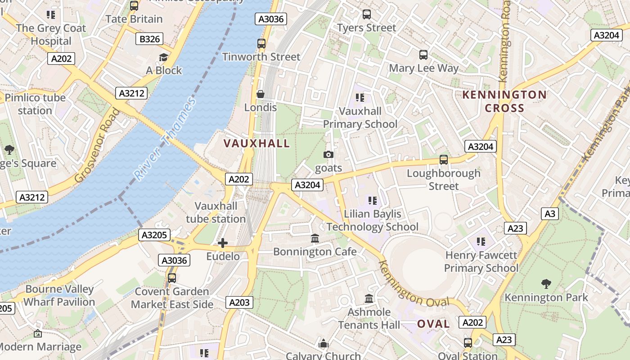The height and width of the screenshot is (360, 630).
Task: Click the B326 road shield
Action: pyautogui.click(x=150, y=39)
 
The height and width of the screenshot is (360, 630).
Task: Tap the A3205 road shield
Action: pyautogui.click(x=154, y=235)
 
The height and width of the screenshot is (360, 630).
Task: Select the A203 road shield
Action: pyautogui.click(x=239, y=302)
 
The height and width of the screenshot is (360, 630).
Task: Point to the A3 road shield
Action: pyautogui.click(x=550, y=214)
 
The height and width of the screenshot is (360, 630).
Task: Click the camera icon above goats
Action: pyautogui.click(x=328, y=155)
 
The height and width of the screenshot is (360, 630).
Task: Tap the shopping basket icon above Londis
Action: pyautogui.click(x=260, y=94)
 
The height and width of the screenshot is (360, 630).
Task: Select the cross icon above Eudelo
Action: pyautogui.click(x=223, y=243)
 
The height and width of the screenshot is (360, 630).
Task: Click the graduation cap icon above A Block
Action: pyautogui.click(x=163, y=57)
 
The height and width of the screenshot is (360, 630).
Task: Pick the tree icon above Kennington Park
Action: pyautogui.click(x=546, y=284)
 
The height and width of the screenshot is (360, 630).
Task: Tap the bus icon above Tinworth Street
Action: pyautogui.click(x=261, y=44)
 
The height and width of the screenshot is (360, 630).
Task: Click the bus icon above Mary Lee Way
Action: pyautogui.click(x=423, y=55)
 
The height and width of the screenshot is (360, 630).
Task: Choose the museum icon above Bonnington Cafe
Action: pyautogui.click(x=315, y=238)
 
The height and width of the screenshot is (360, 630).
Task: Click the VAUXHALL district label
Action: pyautogui.click(x=257, y=144)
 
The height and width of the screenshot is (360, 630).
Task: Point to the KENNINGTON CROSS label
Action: pyautogui.click(x=504, y=101)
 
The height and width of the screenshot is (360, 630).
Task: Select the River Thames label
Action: pyautogui.click(x=165, y=139)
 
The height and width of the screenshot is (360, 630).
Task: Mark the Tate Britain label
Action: pyautogui.click(x=134, y=19)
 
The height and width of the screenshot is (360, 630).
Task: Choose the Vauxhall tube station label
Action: pyautogui.click(x=216, y=212)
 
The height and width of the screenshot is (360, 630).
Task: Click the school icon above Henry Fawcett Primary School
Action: pyautogui.click(x=481, y=242)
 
